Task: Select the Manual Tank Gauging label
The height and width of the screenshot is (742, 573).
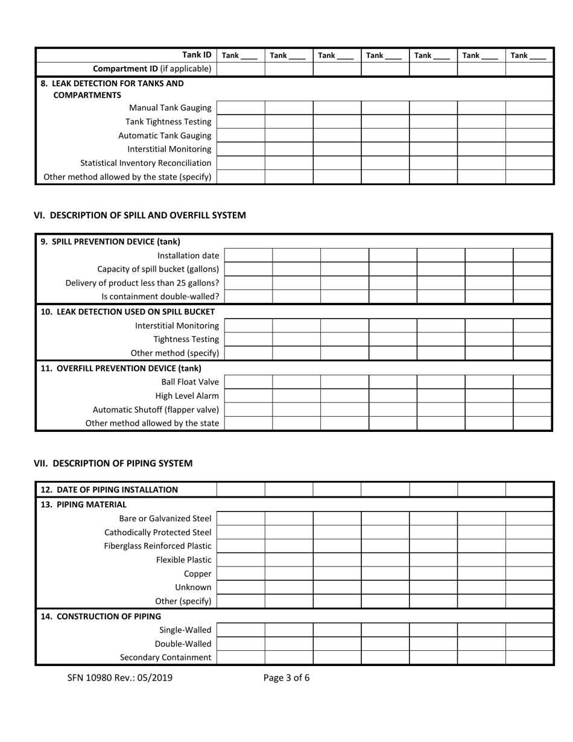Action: pyautogui.click(x=170, y=108)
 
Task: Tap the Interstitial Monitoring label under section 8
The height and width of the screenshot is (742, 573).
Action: pyautogui.click(x=169, y=149)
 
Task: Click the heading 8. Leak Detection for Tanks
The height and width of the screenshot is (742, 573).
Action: pyautogui.click(x=112, y=83)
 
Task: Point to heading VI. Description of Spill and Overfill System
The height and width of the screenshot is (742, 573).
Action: pyautogui.click(x=139, y=215)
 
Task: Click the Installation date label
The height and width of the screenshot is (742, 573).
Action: pyautogui.click(x=188, y=256)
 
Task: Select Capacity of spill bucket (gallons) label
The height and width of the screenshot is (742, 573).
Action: pyautogui.click(x=158, y=269)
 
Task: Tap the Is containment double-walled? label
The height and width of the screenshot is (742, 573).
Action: pyautogui.click(x=160, y=297)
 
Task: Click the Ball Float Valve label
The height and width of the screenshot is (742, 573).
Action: pyautogui.click(x=190, y=382)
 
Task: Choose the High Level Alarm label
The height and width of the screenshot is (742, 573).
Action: pyautogui.click(x=187, y=396)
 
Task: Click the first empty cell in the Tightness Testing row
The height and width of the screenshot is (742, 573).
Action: pyautogui.click(x=248, y=339)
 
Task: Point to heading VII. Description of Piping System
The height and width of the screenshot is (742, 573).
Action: pyautogui.click(x=113, y=463)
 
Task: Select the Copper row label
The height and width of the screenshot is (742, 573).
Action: pyautogui.click(x=198, y=574)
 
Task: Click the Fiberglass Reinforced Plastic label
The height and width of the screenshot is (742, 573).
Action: pyautogui.click(x=158, y=546)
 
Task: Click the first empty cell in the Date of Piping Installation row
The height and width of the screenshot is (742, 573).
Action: pyautogui.click(x=240, y=489)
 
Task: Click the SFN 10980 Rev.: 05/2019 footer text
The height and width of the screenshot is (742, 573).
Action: pyautogui.click(x=120, y=677)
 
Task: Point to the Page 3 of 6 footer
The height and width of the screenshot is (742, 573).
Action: pyautogui.click(x=286, y=677)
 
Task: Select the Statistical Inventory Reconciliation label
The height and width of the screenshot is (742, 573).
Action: pyautogui.click(x=146, y=163)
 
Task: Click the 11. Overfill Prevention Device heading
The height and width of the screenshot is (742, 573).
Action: pyautogui.click(x=121, y=368)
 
